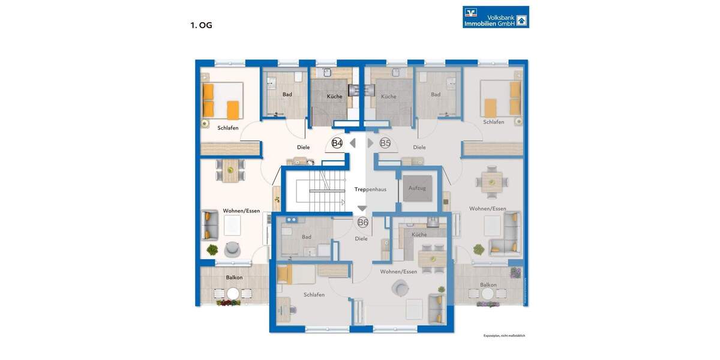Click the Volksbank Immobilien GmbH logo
(x=496, y=17)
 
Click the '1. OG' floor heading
(x=202, y=25)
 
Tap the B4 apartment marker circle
(x=337, y=143)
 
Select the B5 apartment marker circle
(x=385, y=143)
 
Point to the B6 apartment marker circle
(x=362, y=223)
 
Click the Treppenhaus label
(x=370, y=189)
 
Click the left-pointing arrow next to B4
(x=353, y=143)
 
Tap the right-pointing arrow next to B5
(x=370, y=143)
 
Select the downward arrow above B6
(x=362, y=208)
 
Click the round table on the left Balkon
(x=232, y=293)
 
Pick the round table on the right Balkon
(x=488, y=293)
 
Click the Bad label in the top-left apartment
(x=287, y=94)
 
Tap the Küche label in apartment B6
(x=419, y=235)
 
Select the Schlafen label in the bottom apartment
(x=314, y=295)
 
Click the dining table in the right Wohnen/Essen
(x=492, y=180)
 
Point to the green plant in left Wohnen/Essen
(x=212, y=249)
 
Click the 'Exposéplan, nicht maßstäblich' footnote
(x=504, y=335)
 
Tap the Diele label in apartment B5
(x=419, y=147)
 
